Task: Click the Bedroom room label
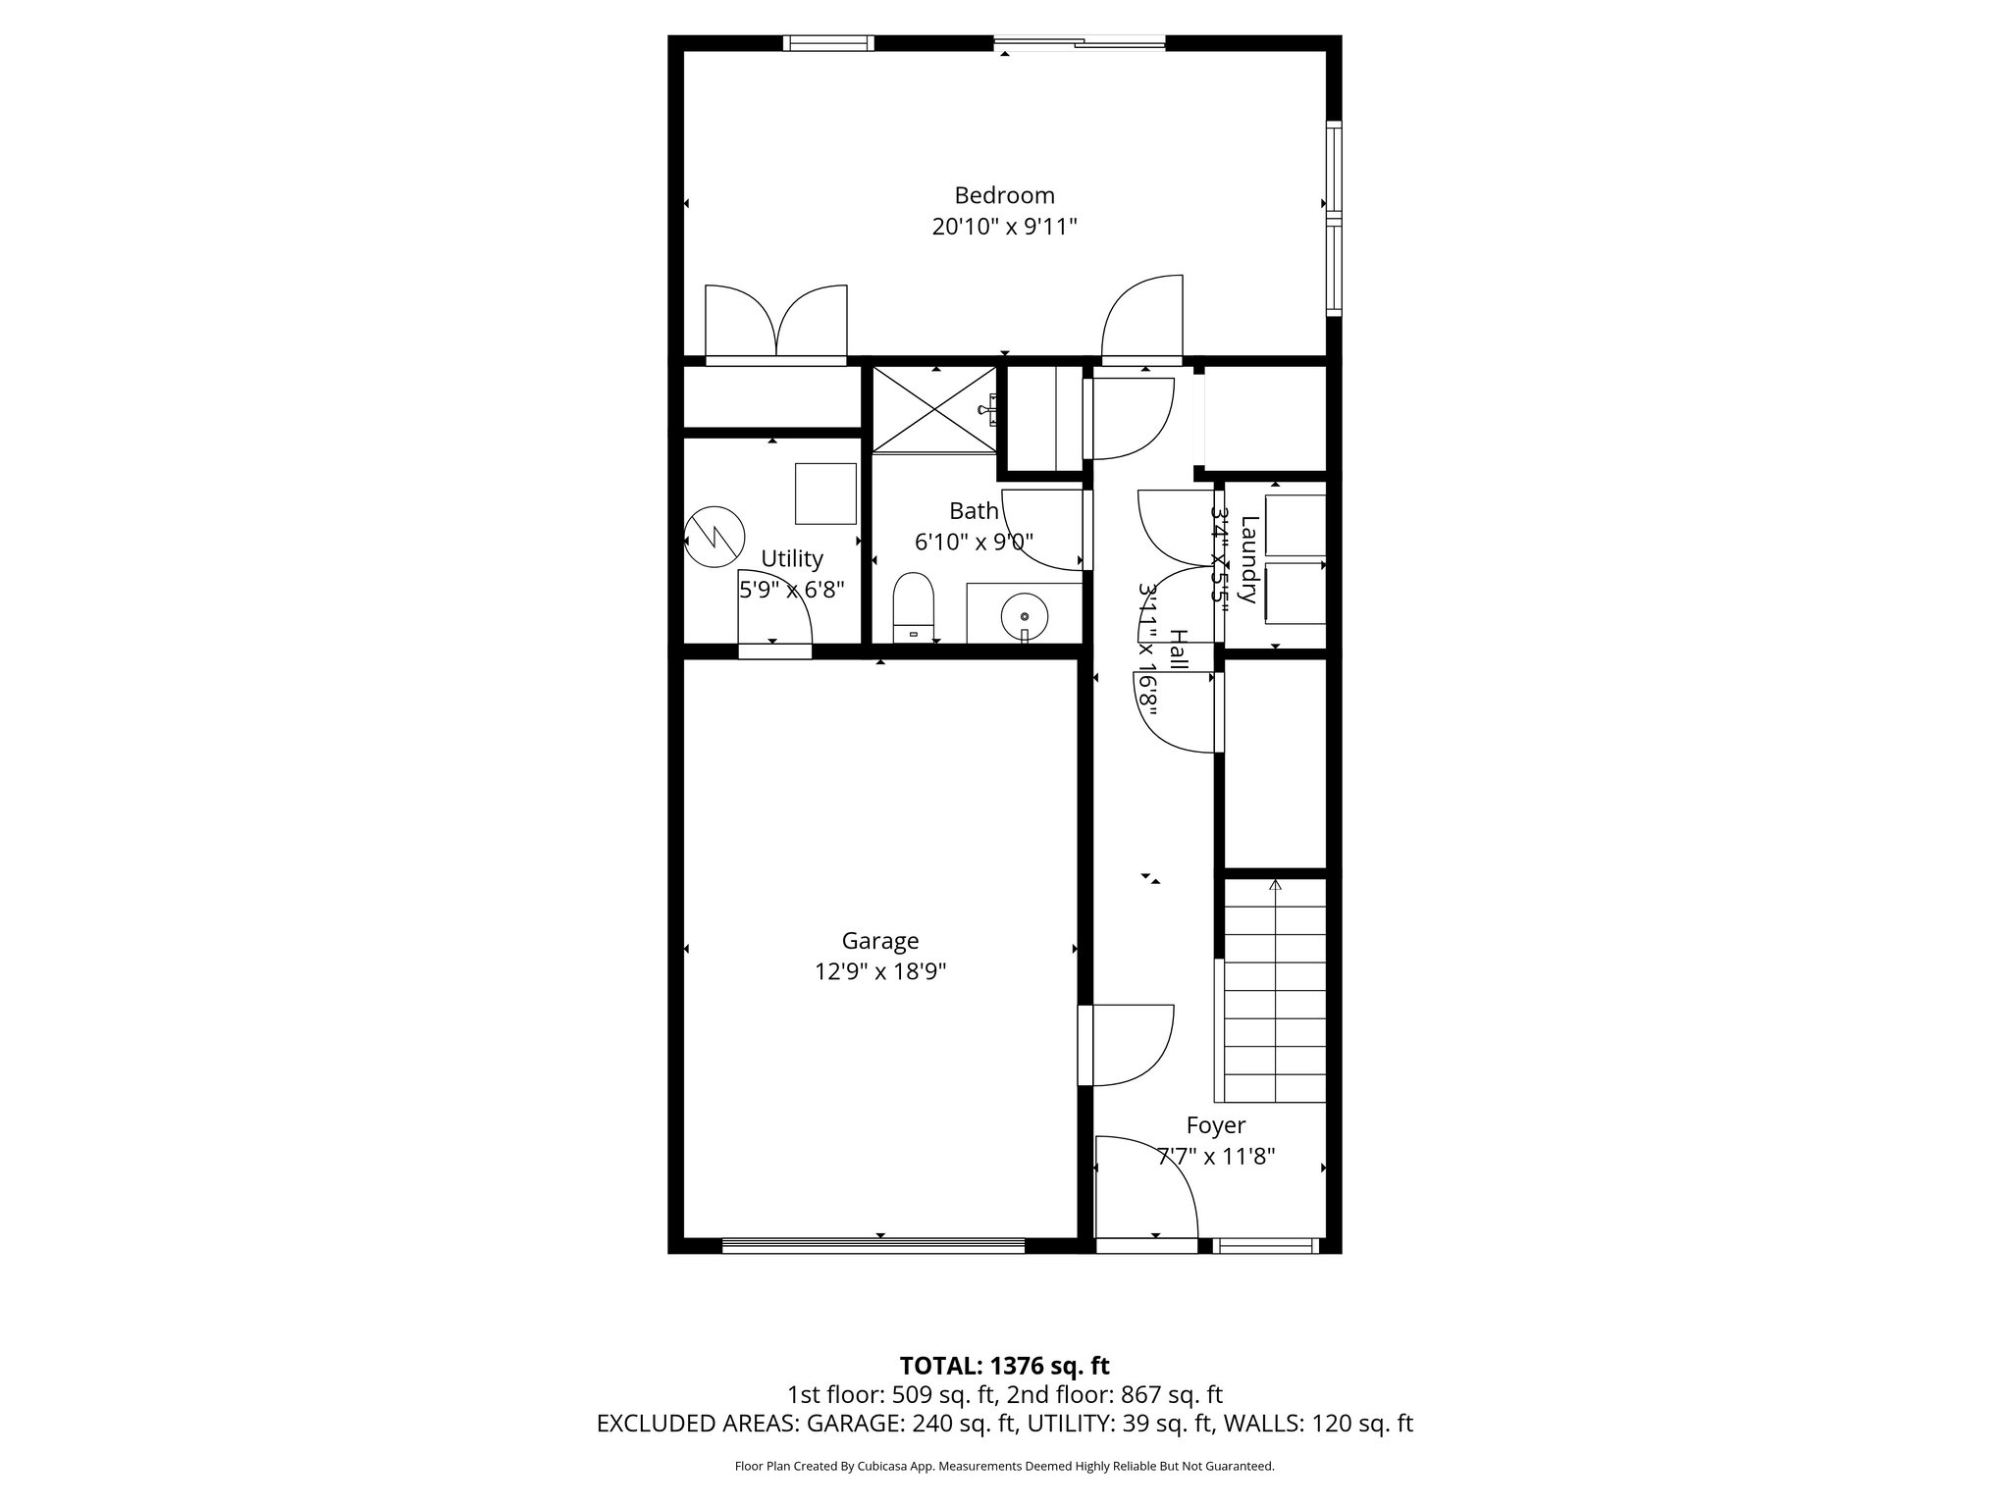click(x=1004, y=195)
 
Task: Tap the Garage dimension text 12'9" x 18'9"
click(x=879, y=972)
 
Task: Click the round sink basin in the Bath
click(x=1025, y=616)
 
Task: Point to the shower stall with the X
click(x=934, y=410)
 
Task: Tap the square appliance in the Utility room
click(x=825, y=494)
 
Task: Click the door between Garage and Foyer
click(x=1129, y=1046)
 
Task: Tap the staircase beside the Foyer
click(x=1275, y=1001)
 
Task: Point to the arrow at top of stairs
click(x=1275, y=885)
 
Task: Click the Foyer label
click(x=1215, y=1125)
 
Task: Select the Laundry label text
click(x=1249, y=559)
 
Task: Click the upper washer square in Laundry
click(x=1296, y=526)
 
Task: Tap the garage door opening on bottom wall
click(x=873, y=1246)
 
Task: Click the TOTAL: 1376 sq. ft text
click(x=1004, y=1366)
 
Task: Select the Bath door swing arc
click(x=1042, y=530)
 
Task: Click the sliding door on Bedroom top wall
click(x=1080, y=42)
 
